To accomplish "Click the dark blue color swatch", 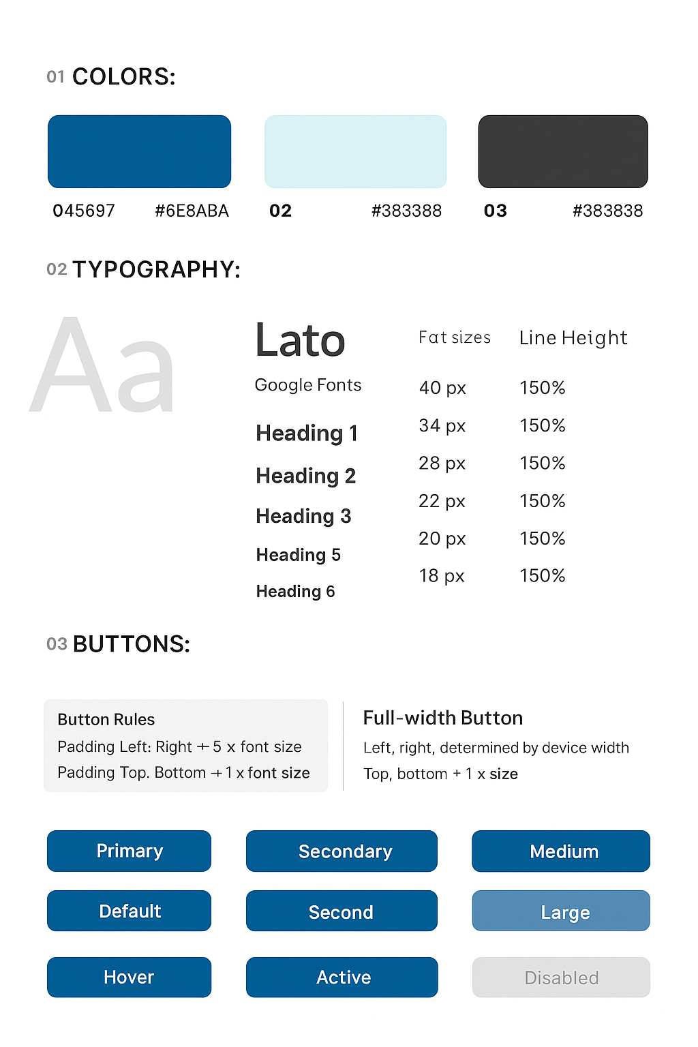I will point(139,151).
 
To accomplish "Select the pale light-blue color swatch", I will point(355,151).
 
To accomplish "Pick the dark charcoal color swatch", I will point(563,151).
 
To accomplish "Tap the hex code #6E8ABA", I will point(192,211).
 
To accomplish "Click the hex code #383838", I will point(607,211).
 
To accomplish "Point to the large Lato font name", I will point(300,340).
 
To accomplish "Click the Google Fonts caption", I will point(307,385).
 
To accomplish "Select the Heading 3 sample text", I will point(303,516).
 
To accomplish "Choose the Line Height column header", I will point(573,337).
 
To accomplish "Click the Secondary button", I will point(342,851).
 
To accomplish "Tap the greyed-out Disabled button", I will point(561,977).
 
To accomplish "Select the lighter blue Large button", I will point(561,911).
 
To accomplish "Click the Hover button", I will point(129,977).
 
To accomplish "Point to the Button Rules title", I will point(106,720).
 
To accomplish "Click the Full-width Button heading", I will point(443,718).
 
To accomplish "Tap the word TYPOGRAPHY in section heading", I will point(156,269).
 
